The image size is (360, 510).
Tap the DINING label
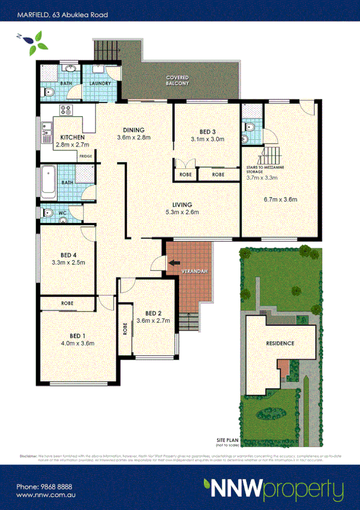(x=133, y=130)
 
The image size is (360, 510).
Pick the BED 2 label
(x=154, y=313)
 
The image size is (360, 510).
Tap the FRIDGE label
(x=85, y=156)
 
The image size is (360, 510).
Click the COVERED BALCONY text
(x=177, y=81)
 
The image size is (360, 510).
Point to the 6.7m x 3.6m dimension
(x=280, y=200)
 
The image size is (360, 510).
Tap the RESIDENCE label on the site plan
(x=280, y=343)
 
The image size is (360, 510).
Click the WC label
(x=61, y=213)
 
